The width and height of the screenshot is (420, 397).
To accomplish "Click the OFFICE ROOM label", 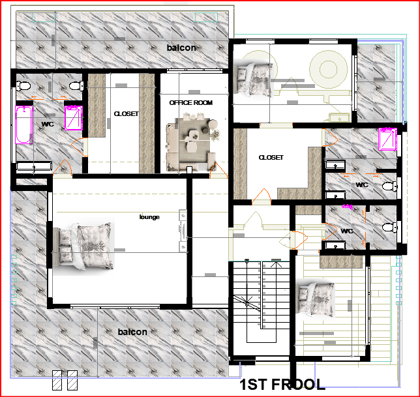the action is point(190,103).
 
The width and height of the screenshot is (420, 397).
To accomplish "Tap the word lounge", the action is point(149,217).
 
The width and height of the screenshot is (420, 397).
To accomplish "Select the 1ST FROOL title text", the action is point(282,385).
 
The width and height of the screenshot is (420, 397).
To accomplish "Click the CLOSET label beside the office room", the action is point(126,114).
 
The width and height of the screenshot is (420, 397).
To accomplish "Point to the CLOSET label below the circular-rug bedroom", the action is point(271,157).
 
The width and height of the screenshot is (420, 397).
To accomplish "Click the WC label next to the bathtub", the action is point(48,125).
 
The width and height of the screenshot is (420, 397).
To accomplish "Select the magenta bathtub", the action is point(24,125).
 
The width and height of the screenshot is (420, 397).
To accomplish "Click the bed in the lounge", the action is point(83,246).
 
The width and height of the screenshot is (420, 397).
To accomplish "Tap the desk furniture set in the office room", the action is point(190,142).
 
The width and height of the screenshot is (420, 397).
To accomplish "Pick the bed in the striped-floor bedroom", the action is point(316,299).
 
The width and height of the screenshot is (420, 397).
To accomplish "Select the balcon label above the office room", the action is point(181,48).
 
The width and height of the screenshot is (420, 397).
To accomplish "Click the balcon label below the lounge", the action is point(132,332).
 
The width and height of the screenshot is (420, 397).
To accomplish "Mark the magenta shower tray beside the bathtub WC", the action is point(74,118).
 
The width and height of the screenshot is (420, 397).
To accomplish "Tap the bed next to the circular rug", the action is point(253,79).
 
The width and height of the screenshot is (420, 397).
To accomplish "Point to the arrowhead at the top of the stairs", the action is point(276,264).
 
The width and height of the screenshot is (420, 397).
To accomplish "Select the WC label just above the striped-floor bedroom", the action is point(347,231).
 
